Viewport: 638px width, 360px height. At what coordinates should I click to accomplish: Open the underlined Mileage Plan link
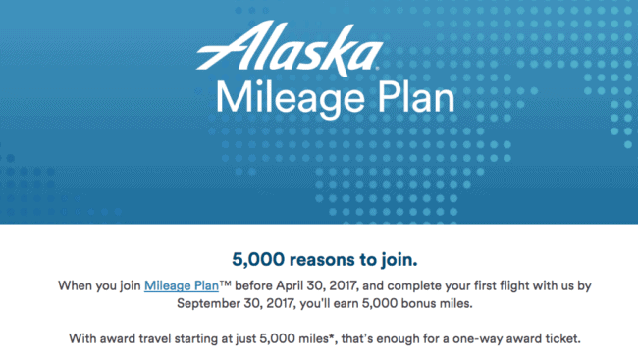(184, 286)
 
